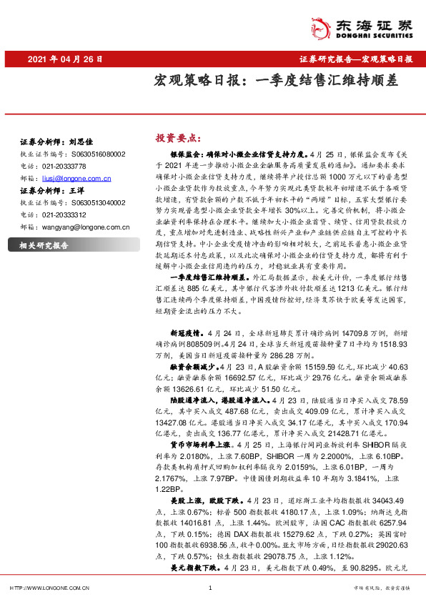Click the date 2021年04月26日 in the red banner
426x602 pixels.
click(65, 59)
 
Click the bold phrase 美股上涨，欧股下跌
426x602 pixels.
click(204, 500)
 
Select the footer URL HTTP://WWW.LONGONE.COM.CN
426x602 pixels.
click(49, 588)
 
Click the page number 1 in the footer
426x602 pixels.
click(211, 588)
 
